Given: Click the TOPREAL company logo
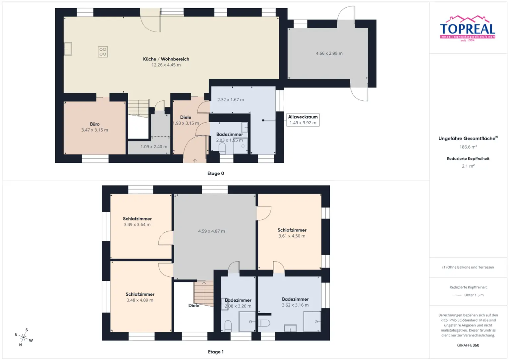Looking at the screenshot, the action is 468,29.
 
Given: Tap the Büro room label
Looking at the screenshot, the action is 95,124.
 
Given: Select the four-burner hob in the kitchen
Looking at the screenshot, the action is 103,52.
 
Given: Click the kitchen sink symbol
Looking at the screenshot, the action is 68,49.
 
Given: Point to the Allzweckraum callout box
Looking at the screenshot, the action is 303,120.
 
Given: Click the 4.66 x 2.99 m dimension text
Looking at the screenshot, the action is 329,53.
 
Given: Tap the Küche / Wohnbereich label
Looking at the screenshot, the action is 166,59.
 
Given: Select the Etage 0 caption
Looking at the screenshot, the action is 216,173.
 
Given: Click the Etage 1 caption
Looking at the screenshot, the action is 216,352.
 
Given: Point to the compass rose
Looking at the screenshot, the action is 24,337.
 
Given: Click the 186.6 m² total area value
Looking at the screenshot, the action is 468,147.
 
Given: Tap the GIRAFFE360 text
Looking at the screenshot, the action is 468,345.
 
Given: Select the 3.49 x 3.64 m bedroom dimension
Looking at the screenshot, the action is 137,224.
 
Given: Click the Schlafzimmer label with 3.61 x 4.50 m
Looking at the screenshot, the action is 292,230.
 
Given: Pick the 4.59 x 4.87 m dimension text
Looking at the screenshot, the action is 211,231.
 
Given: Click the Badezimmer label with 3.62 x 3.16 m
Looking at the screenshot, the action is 295,299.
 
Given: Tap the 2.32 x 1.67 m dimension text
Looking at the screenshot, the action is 231,99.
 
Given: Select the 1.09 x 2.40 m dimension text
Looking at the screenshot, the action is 154,147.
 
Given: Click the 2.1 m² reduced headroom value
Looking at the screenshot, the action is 468,166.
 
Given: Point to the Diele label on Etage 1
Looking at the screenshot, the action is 194,306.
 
